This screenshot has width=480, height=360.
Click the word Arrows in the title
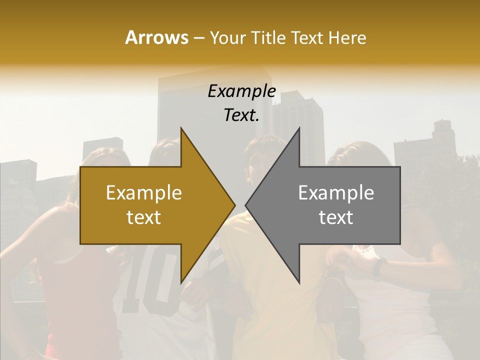tap(156, 37)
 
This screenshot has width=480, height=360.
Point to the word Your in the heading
tap(228, 37)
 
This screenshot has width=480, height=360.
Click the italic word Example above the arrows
tap(241, 91)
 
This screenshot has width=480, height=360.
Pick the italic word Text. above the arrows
tap(241, 115)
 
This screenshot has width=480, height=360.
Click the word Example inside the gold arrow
tap(144, 193)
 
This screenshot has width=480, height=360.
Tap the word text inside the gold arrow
tap(144, 217)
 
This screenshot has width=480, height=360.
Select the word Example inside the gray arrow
tap(336, 193)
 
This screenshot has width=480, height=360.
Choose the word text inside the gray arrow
tap(336, 217)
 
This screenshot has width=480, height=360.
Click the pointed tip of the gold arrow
tap(234, 205)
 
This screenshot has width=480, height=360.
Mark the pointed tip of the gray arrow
tap(246, 205)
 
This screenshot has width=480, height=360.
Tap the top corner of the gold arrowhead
tap(181, 128)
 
